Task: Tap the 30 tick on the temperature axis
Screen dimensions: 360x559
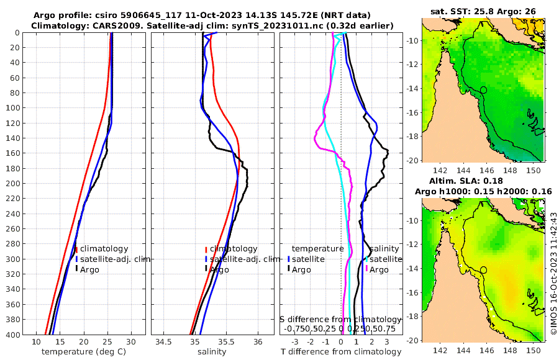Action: pyautogui.click(x=131, y=342)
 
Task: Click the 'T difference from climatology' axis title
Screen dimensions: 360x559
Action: pyautogui.click(x=342, y=352)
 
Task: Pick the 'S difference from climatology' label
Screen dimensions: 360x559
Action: pyautogui.click(x=340, y=318)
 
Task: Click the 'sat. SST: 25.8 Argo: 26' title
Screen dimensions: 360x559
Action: pyautogui.click(x=483, y=11)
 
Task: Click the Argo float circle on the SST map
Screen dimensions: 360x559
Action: pyautogui.click(x=483, y=90)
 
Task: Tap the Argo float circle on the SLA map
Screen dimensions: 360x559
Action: pyautogui.click(x=483, y=269)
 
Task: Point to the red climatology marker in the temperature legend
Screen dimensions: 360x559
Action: pyautogui.click(x=76, y=249)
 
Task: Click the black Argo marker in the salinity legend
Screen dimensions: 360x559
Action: pyautogui.click(x=206, y=269)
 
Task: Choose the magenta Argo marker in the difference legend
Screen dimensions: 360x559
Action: pyautogui.click(x=367, y=269)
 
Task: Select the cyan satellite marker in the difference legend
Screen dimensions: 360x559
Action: pyautogui.click(x=367, y=259)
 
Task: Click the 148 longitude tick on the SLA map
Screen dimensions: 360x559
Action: pyautogui.click(x=508, y=350)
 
